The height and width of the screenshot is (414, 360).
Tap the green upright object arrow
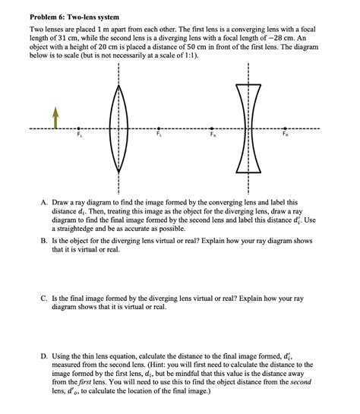[x=55, y=115]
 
